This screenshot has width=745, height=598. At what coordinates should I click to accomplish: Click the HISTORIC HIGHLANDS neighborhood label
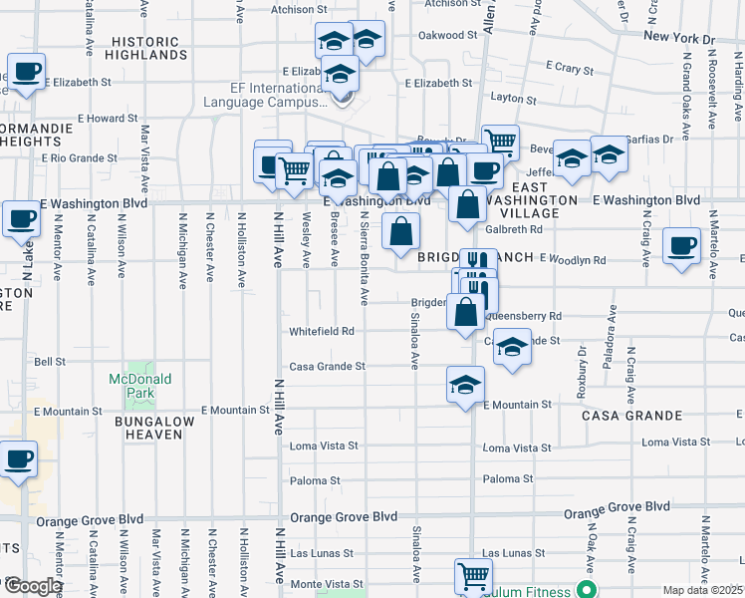click(145, 50)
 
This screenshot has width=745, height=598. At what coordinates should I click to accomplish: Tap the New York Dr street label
click(679, 37)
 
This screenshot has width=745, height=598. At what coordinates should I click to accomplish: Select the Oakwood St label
click(442, 35)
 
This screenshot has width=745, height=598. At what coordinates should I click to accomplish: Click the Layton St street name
click(514, 100)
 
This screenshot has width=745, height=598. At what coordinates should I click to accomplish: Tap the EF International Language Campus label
click(265, 95)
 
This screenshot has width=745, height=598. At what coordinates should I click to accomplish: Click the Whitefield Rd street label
click(321, 331)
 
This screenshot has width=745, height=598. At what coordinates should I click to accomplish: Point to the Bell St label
click(50, 362)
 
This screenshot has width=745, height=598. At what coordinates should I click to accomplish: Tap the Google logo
click(32, 586)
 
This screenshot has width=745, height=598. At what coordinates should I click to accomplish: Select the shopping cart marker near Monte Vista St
click(473, 575)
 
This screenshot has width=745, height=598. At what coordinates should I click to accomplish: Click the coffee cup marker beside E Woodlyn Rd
click(682, 245)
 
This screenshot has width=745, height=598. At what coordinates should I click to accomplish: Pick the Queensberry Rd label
click(525, 316)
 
